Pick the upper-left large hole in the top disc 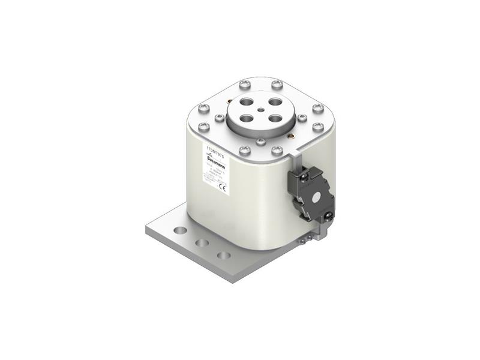click(245, 103)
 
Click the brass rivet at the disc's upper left click(225, 100)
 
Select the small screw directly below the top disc click(260, 142)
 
